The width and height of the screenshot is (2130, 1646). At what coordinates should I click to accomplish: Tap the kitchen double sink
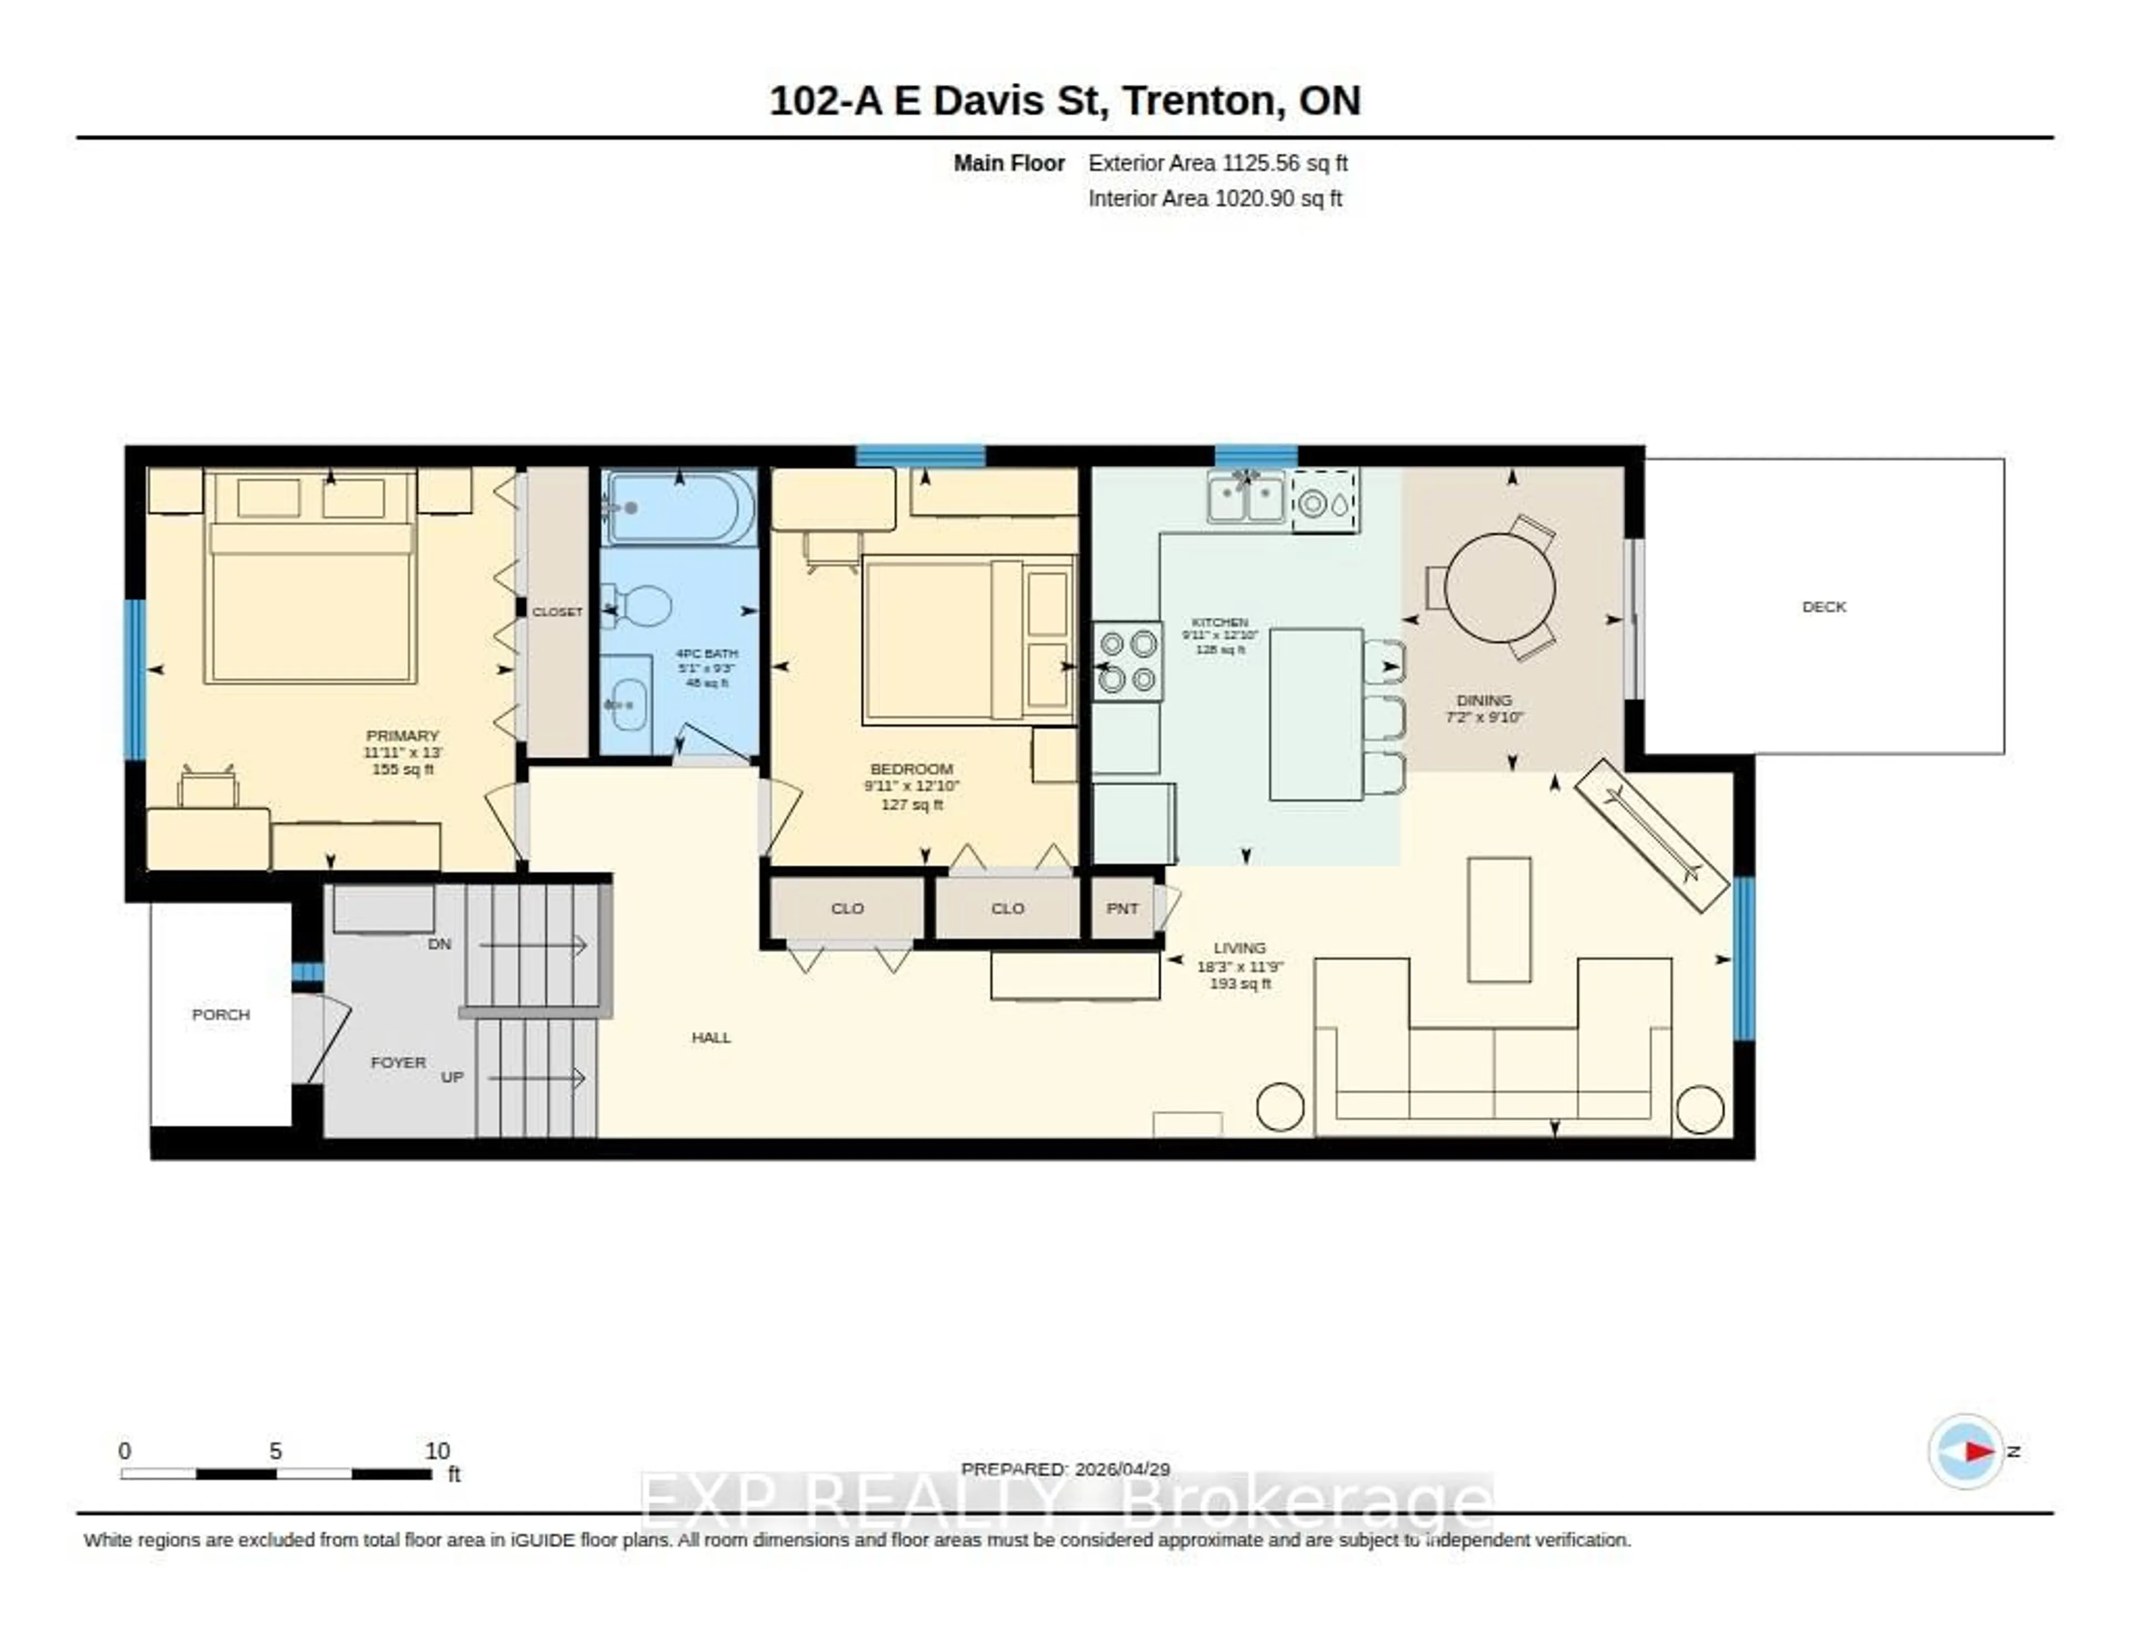[1246, 498]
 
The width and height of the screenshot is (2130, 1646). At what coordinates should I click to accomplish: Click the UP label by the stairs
[452, 1077]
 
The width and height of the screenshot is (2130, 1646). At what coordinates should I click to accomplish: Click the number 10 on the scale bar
[437, 1451]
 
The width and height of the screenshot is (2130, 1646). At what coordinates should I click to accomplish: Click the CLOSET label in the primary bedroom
[557, 612]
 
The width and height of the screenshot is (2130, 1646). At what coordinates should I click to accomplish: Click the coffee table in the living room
[1499, 919]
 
